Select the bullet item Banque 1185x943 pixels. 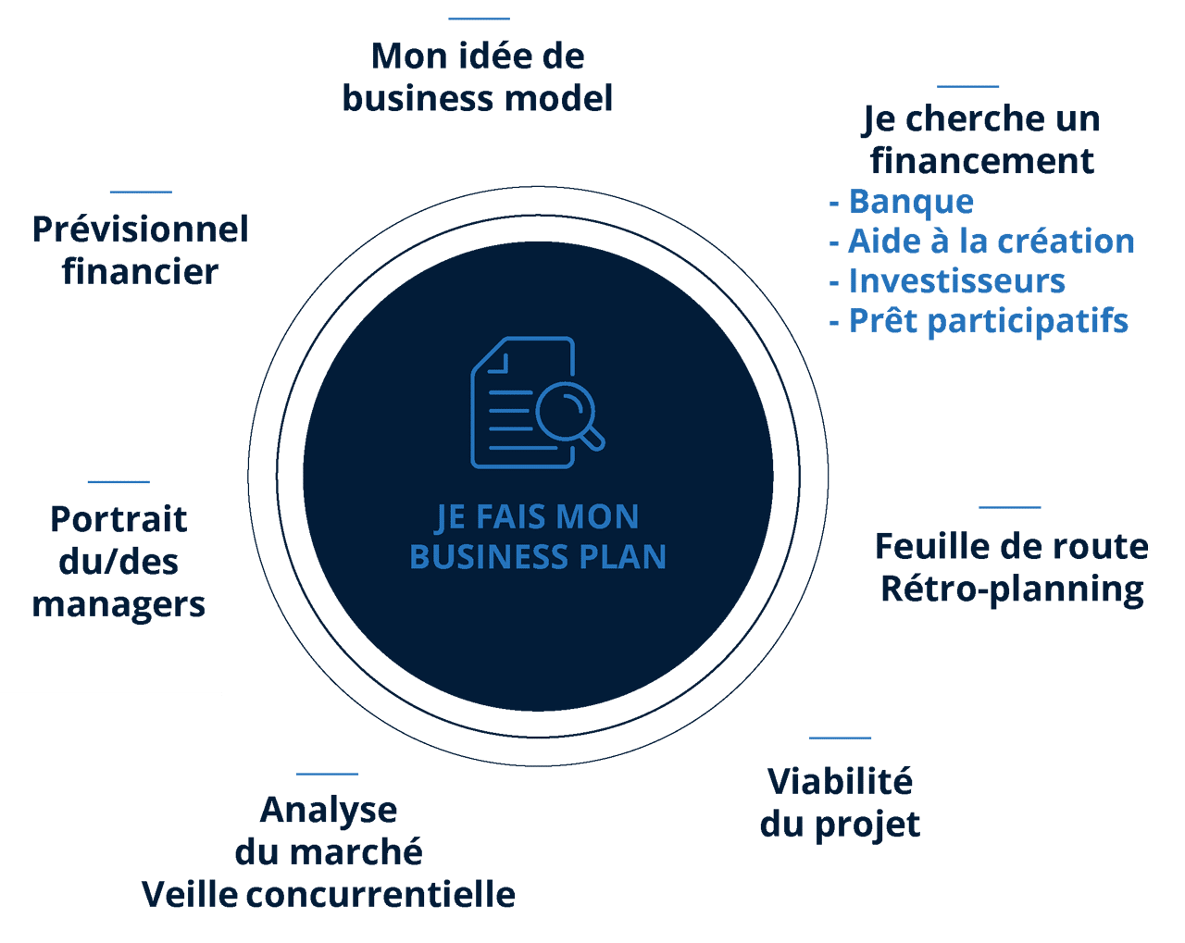(911, 202)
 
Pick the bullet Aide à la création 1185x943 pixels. (991, 242)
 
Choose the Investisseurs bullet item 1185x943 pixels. (956, 281)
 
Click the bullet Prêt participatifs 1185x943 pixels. (988, 321)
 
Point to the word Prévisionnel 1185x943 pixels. (140, 230)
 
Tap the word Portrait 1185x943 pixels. (118, 519)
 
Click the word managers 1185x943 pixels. (118, 604)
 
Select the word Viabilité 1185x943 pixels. (840, 782)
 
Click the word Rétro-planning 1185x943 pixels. (1012, 589)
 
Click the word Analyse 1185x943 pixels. (329, 810)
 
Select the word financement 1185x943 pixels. (982, 161)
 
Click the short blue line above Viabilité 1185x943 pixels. (840, 738)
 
